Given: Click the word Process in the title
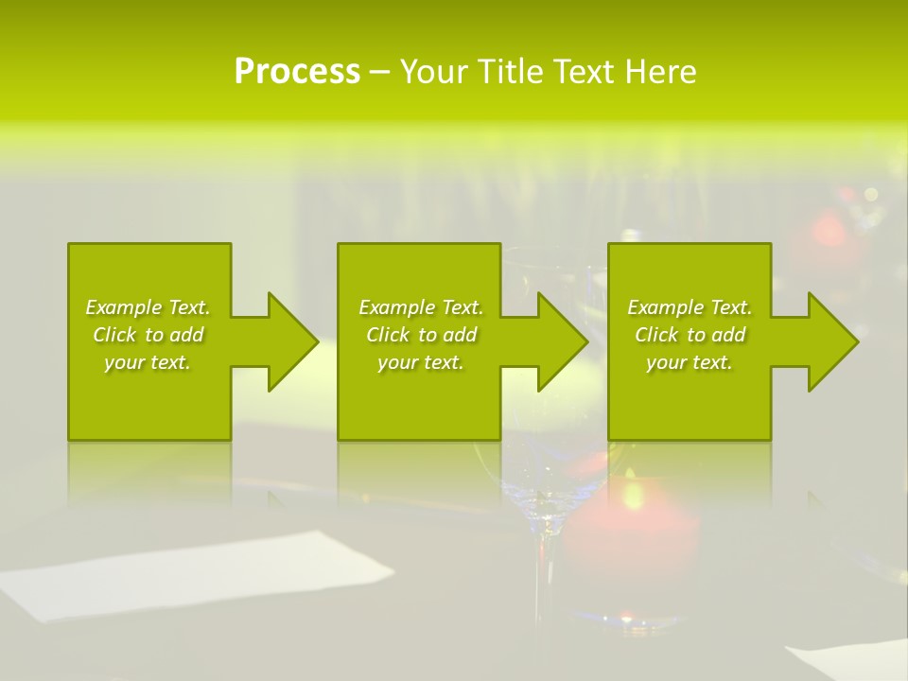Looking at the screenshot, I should point(297,72).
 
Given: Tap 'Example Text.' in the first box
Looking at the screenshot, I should point(148,307).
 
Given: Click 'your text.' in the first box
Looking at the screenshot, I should point(148,362).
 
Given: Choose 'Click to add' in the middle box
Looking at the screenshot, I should point(421,335).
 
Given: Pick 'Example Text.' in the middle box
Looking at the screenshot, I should point(421,307).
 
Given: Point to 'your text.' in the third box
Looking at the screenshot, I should point(690,362).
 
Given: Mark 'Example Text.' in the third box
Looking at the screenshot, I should point(690,307).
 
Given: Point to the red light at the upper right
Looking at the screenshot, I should point(828,232).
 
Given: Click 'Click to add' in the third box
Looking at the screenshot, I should point(690,335).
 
